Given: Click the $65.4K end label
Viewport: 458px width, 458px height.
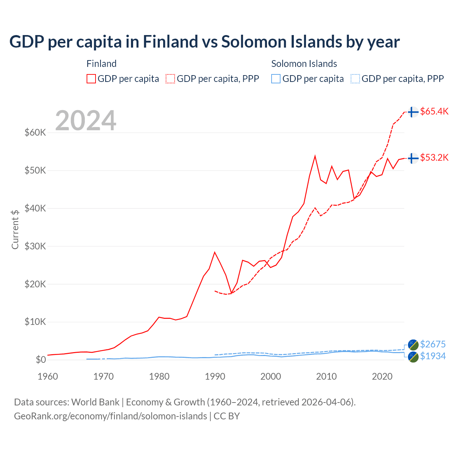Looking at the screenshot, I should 434,111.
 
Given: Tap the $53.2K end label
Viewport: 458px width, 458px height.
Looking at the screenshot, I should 434,157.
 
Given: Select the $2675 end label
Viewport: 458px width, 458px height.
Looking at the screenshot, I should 433,344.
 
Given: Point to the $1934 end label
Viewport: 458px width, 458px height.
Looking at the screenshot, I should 433,356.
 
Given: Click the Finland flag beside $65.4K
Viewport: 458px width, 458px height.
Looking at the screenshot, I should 413,112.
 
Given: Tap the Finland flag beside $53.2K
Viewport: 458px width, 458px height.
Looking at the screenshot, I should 413,158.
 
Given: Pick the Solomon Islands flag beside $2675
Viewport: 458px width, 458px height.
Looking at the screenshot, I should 413,345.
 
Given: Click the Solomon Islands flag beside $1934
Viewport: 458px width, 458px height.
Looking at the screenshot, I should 413,357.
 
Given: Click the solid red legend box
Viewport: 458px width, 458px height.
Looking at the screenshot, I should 91,79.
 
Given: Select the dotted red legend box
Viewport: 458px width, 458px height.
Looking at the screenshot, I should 170,79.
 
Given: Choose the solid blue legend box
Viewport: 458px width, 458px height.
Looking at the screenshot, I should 276,79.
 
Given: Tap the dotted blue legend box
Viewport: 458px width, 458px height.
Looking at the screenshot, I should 355,79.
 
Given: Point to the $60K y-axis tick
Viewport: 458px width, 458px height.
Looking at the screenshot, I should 35,132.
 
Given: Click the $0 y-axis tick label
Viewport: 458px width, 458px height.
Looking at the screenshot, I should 41,360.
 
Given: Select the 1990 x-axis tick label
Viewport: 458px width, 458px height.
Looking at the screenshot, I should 215,376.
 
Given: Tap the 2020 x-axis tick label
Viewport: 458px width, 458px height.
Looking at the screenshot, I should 382,376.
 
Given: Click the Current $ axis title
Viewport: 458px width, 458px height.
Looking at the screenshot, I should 15,229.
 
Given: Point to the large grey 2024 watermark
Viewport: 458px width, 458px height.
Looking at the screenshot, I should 86,121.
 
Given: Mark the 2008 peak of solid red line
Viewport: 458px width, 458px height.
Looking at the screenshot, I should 315,156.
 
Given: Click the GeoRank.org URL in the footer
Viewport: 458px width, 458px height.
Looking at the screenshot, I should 111,416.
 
